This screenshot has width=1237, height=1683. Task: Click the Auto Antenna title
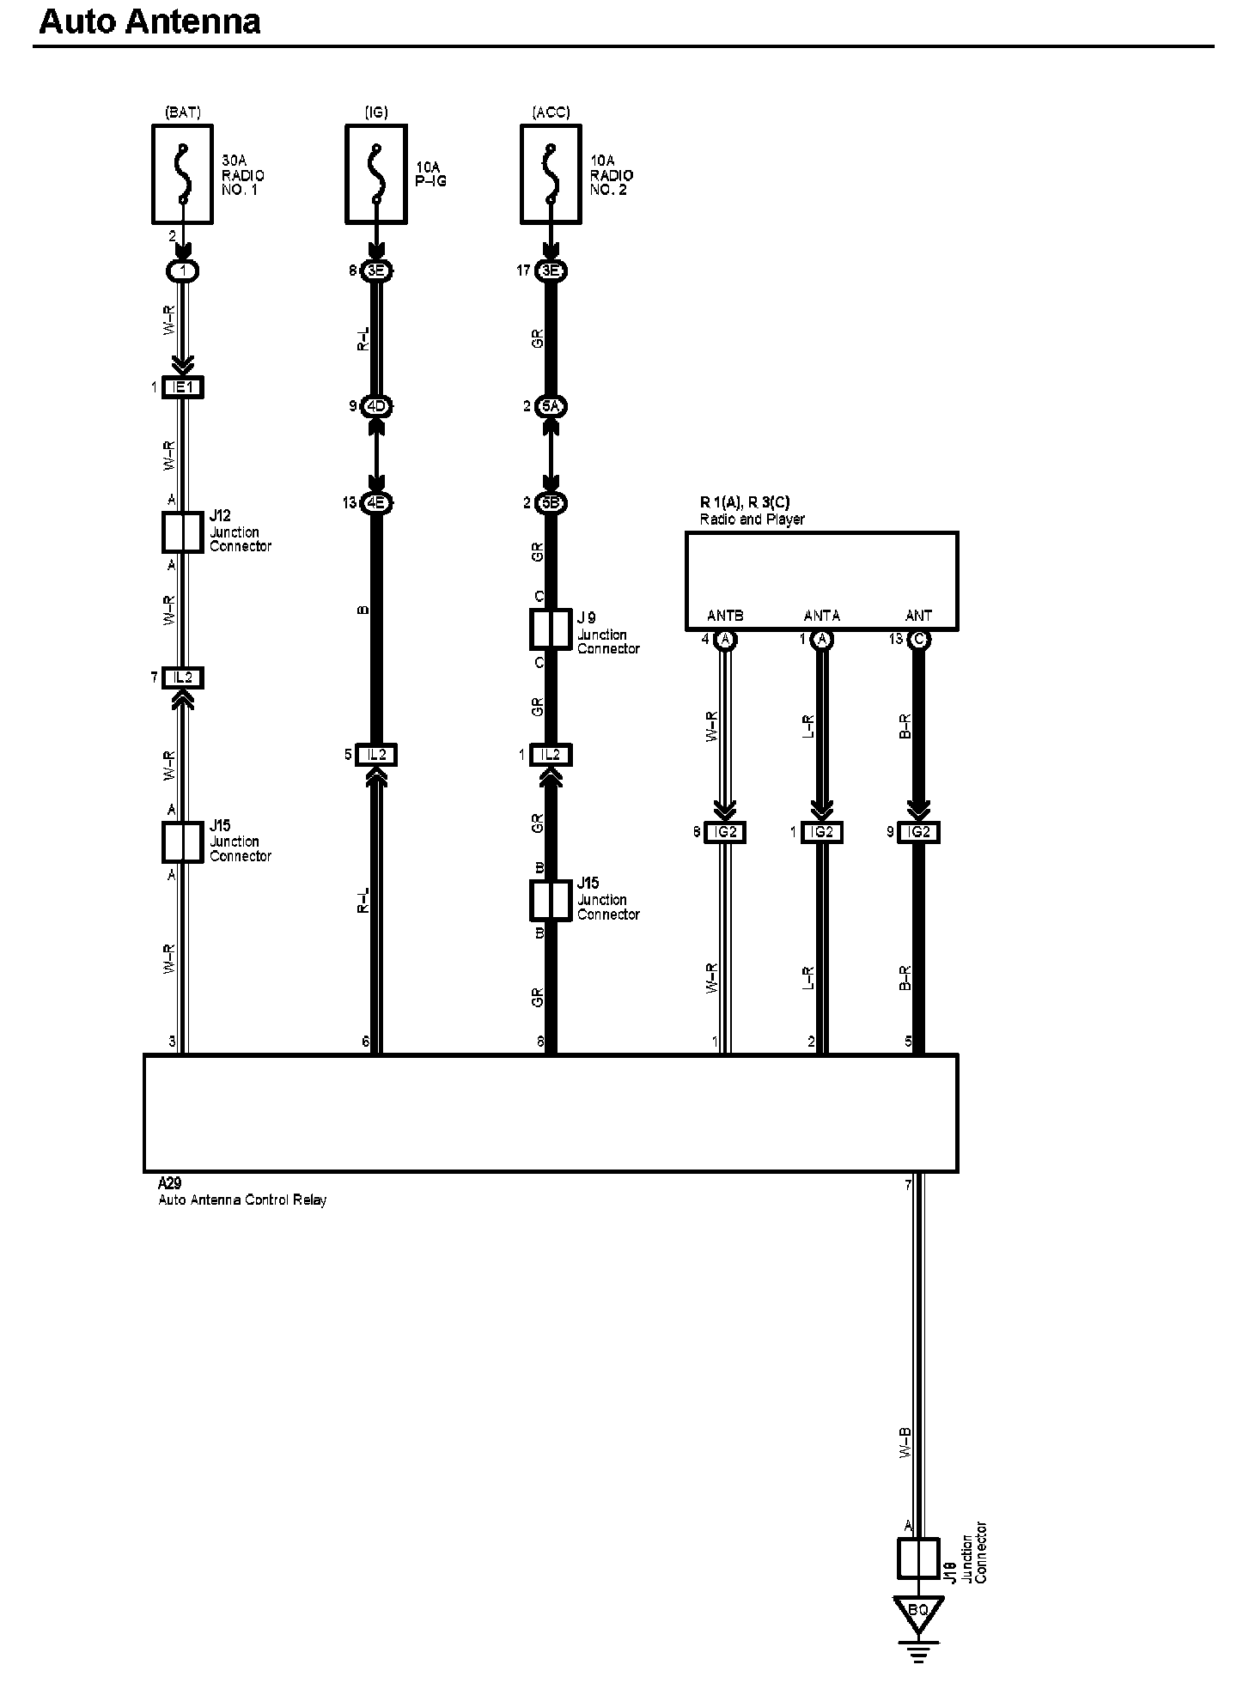click(149, 21)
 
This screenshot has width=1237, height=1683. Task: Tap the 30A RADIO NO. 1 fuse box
click(182, 173)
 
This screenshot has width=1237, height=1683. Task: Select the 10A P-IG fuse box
click(375, 173)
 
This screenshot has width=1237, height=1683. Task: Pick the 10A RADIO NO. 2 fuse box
click(551, 173)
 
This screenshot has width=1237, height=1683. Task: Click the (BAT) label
click(182, 112)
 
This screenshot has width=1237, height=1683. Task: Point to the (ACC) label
click(551, 112)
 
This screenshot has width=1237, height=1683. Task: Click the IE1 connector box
click(182, 387)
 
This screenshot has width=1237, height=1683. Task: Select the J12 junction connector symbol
click(182, 532)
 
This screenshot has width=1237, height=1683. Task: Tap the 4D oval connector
click(375, 406)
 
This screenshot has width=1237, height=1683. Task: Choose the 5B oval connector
click(551, 502)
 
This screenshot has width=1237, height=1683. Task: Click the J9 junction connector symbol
click(551, 629)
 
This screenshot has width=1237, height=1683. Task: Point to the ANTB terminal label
click(725, 616)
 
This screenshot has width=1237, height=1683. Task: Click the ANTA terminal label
click(821, 616)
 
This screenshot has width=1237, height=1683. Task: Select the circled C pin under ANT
click(918, 640)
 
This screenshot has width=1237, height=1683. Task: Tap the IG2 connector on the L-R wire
click(821, 832)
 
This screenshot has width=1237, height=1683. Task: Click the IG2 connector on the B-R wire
click(918, 832)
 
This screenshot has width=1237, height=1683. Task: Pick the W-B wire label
click(904, 1443)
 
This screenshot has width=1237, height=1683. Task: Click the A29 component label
click(170, 1183)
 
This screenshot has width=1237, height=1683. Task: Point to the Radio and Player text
click(752, 519)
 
